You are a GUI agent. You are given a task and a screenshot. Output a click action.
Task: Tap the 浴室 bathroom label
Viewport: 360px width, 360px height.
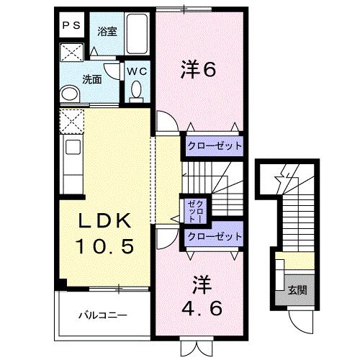(107, 32)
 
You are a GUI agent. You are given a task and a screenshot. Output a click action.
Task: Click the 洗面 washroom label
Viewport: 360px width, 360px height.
(91, 80)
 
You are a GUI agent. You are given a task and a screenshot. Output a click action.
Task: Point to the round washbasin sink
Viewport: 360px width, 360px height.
(70, 93)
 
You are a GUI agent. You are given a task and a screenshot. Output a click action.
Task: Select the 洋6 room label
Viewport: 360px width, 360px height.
(198, 70)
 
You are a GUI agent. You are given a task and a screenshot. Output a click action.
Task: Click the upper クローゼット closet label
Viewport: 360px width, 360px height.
(214, 146)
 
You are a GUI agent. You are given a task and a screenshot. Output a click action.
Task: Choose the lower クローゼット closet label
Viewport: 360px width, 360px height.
(214, 235)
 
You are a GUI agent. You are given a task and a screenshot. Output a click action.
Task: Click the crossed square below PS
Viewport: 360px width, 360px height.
(71, 51)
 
